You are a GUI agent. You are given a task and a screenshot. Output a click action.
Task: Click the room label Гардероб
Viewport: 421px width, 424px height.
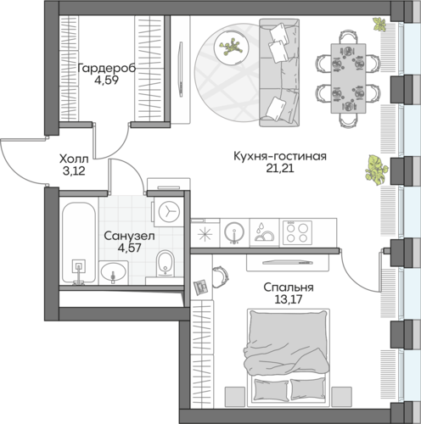click(107, 69)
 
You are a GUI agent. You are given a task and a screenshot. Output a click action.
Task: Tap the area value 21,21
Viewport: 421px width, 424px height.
click(280, 168)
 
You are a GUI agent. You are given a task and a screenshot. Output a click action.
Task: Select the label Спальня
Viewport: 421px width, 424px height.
click(289, 287)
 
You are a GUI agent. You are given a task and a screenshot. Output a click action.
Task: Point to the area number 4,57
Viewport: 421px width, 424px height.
click(130, 248)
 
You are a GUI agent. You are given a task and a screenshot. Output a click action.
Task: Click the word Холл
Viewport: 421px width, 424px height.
click(74, 159)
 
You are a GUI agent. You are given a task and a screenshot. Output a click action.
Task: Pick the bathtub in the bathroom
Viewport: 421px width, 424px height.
click(79, 243)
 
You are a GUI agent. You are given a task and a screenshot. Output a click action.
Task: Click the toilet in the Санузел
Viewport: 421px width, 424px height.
click(166, 263)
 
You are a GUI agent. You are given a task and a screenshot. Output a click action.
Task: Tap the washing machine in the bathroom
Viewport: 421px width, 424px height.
click(169, 212)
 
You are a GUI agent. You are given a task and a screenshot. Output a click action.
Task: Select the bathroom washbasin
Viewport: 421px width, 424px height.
click(113, 272)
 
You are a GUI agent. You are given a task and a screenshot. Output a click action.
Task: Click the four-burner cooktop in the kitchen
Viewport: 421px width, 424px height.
click(297, 233)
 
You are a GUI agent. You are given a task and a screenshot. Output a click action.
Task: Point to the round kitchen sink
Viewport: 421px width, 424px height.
click(234, 232)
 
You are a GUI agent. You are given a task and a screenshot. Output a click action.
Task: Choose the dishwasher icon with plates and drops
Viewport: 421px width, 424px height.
click(265, 232)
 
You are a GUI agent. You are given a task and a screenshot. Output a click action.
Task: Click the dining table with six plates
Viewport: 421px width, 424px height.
click(348, 78)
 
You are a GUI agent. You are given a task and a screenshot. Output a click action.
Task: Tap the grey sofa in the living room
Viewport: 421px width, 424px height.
click(279, 72)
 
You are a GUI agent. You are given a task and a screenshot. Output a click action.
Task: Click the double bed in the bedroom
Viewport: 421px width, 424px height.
click(289, 358)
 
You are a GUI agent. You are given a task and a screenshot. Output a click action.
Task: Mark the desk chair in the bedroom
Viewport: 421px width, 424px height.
click(220, 276)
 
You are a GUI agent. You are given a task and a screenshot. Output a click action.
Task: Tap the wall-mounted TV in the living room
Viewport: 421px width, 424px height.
click(181, 70)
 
